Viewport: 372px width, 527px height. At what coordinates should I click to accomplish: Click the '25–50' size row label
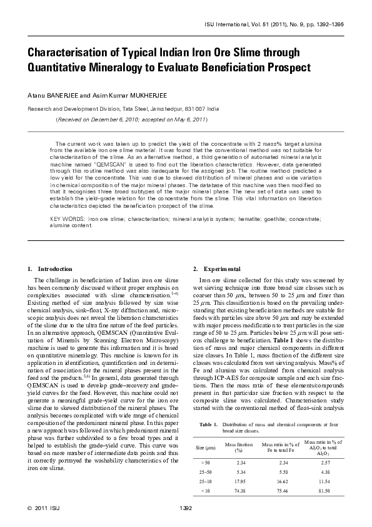click(204, 469)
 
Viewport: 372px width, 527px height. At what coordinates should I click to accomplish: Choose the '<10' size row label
click(204, 491)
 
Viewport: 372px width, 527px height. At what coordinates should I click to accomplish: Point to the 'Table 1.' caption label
click(209, 425)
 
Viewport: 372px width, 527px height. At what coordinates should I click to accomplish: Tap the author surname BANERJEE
click(63, 95)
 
